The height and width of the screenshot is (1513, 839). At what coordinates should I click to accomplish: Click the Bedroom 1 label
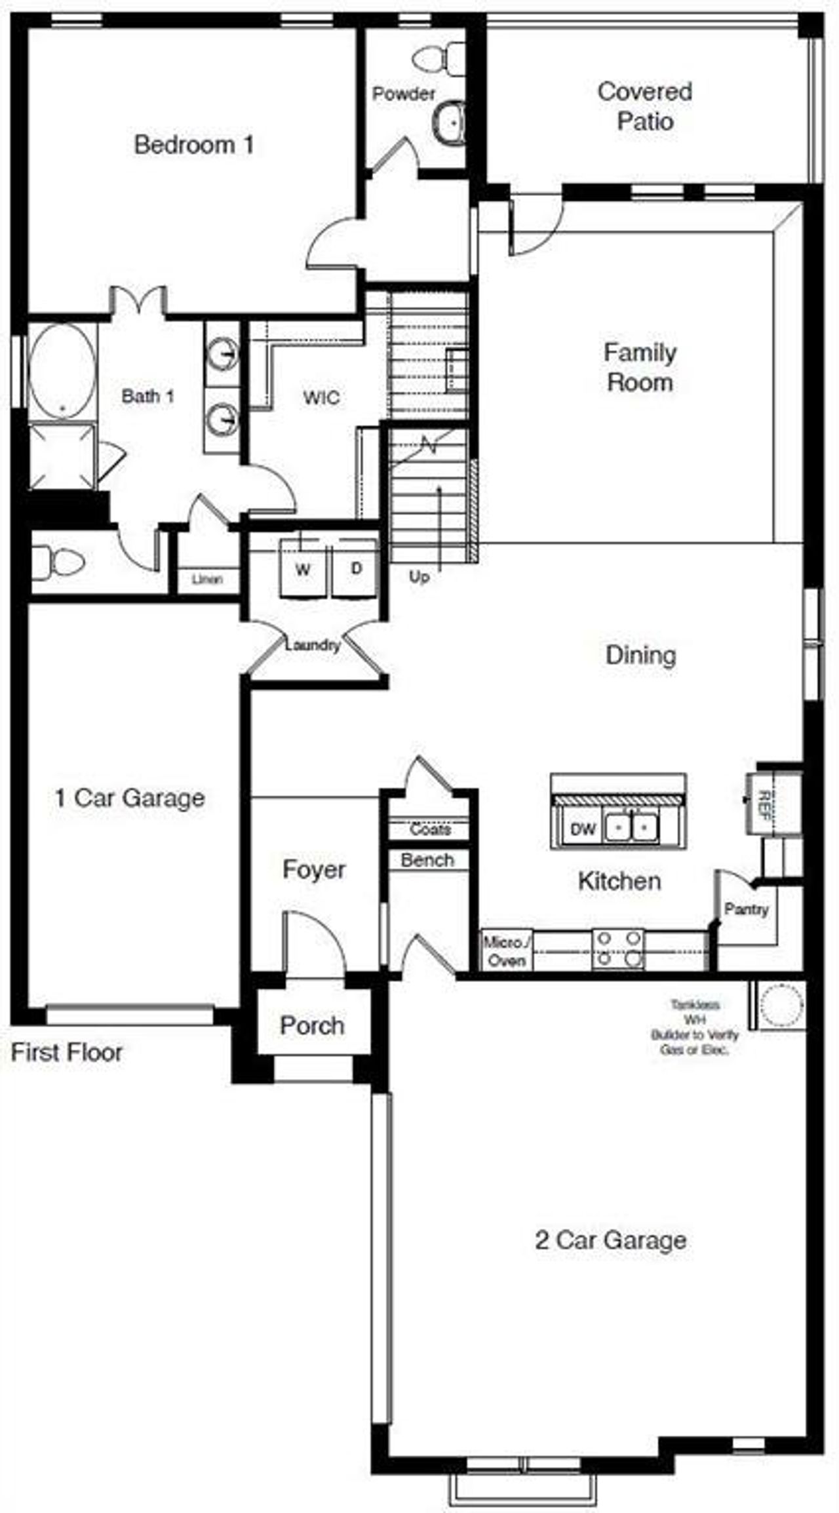pos(194,145)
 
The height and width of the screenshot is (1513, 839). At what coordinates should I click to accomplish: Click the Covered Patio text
pos(644,106)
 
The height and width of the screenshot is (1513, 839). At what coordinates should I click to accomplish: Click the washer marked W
pos(303,568)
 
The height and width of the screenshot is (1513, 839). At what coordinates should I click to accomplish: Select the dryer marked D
pos(356,568)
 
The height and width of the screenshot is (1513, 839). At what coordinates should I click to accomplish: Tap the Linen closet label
pos(207,580)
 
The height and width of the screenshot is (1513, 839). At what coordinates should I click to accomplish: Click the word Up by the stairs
pos(419,577)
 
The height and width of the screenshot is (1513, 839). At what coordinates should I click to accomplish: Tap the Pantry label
pos(746,909)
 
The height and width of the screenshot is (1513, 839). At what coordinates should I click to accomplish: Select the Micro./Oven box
pos(507,951)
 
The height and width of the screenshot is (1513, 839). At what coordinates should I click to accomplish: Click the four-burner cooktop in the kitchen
pos(618,950)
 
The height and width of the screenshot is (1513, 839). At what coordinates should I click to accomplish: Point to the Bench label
pos(427,860)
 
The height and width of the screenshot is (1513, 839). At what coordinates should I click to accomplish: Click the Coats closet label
pos(430,829)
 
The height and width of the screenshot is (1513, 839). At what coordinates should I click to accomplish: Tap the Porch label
pos(312,1025)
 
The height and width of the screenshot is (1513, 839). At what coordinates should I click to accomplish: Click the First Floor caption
pos(66,1051)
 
